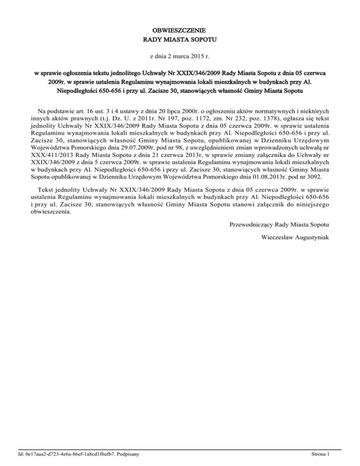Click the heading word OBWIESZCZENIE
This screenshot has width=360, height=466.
180,30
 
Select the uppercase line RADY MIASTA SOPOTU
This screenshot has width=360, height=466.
180,40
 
